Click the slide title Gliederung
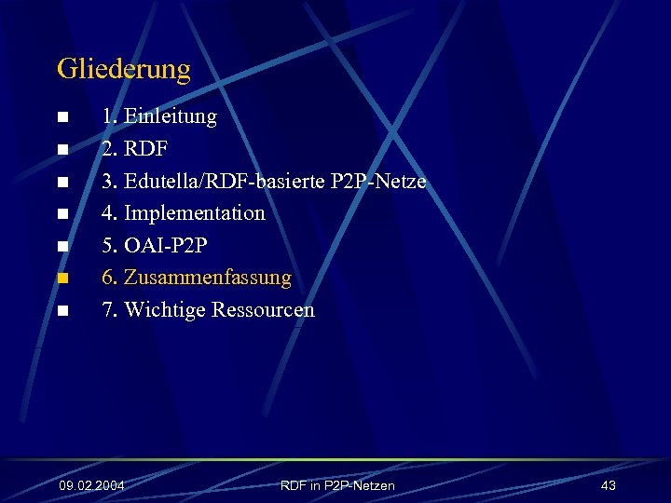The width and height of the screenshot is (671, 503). coord(123,69)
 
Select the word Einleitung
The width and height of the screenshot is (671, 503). coord(171,116)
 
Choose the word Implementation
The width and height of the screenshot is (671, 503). coord(195,213)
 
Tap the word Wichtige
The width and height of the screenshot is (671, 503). coord(165,309)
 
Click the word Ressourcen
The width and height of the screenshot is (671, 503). coord(263,309)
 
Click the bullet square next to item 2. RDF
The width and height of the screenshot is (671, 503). coord(62,150)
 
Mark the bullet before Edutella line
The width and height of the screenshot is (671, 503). coord(62,183)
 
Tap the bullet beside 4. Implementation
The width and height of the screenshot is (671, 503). coord(62,214)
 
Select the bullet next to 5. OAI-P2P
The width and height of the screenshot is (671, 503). coord(62,247)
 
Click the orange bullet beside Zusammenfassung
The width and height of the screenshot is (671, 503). coord(62,279)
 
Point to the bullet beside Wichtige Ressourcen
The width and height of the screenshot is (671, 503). coord(62,311)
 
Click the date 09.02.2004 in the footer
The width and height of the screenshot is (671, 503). coord(91,486)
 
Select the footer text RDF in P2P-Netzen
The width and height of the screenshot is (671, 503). coord(337,486)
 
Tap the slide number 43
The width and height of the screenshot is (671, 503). coord(609,486)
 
